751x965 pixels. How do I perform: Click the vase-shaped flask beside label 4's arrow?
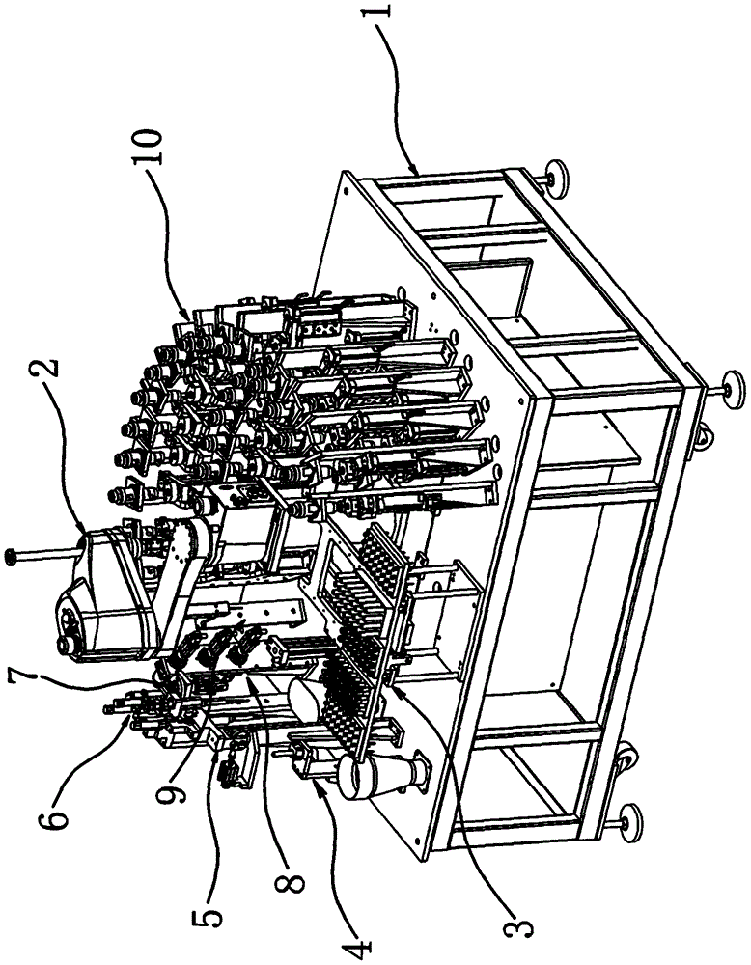pos(379,772)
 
